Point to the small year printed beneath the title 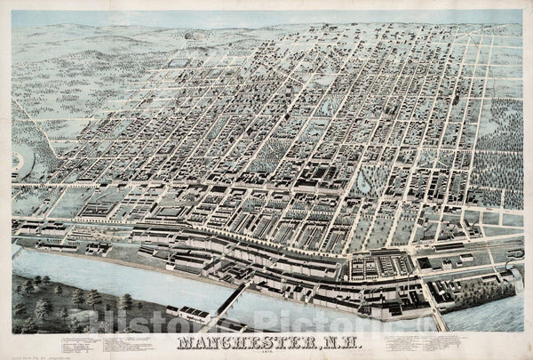(x=266, y=352)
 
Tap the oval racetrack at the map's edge (x=18, y=162)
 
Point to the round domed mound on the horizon (x=188, y=36)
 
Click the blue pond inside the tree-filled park (x=367, y=183)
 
